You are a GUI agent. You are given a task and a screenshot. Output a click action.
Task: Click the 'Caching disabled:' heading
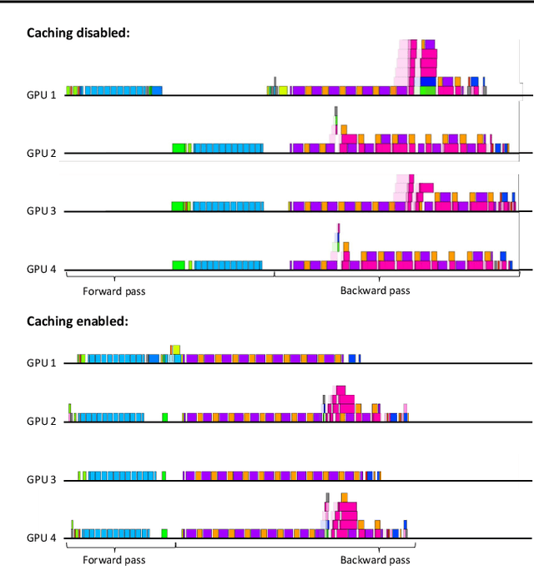point(79,33)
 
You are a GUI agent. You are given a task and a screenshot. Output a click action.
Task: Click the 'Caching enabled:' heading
point(77,321)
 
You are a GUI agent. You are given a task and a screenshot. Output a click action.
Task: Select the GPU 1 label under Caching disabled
point(41,94)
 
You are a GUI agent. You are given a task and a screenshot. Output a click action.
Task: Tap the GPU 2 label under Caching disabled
point(41,153)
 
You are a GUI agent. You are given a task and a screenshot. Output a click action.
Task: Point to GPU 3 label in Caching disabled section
point(41,210)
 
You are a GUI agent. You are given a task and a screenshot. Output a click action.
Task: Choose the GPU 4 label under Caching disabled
point(41,269)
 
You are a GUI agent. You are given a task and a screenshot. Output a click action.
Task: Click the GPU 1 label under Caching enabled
point(41,362)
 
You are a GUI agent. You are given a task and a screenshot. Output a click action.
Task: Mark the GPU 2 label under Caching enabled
point(41,421)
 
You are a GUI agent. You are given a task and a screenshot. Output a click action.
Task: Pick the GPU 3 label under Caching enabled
point(41,479)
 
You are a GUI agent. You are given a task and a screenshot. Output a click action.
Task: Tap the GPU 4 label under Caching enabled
point(41,538)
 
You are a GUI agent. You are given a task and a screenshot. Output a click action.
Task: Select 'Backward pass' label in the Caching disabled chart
point(375,291)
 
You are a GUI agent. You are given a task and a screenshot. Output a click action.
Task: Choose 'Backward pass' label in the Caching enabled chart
point(375,559)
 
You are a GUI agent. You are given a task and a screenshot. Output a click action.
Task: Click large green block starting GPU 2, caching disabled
point(179,148)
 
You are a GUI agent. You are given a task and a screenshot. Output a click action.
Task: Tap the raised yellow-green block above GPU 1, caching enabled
point(175,349)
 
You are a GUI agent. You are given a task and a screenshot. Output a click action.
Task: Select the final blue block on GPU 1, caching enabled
point(352,358)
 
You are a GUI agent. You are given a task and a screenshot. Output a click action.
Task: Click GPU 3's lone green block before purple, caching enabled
point(164,475)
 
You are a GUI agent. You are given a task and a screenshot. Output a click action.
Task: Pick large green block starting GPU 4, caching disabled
point(179,265)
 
